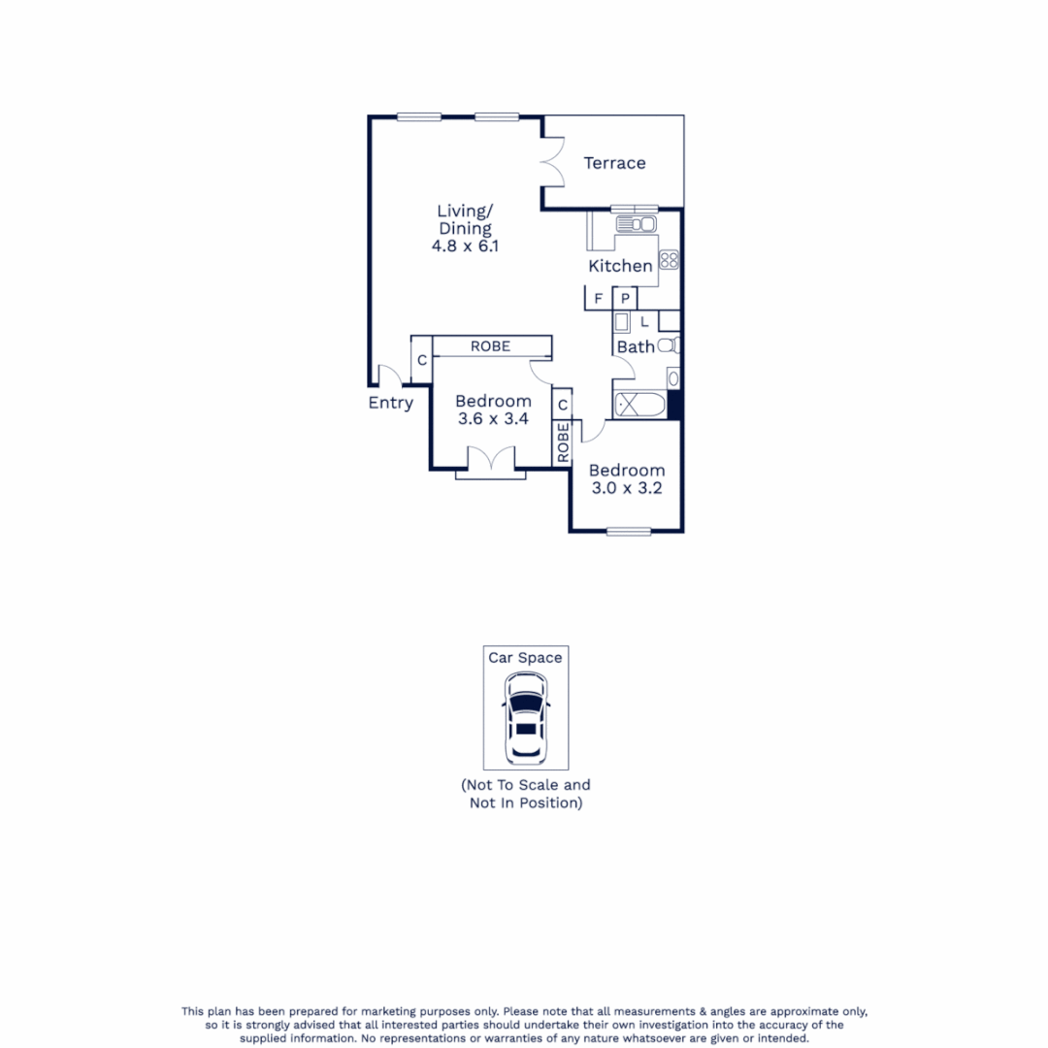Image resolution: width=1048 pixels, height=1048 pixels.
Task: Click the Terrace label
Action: pos(614,163)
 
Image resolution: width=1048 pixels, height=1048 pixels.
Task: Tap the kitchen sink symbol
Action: pos(637,225)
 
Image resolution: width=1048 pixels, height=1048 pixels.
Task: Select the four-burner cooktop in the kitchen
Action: pos(669,259)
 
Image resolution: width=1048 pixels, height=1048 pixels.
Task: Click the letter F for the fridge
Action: pos(598,299)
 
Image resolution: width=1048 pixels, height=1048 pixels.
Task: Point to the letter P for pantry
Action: pos(626,299)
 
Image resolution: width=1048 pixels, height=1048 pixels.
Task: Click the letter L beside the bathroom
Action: pos(644,321)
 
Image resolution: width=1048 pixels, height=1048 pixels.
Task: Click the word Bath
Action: pos(636,346)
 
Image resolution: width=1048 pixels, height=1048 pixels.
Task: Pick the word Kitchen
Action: pos(620,266)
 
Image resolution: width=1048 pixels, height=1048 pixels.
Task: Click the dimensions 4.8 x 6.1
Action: pos(465,246)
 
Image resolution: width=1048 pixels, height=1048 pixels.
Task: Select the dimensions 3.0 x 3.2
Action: pos(627,488)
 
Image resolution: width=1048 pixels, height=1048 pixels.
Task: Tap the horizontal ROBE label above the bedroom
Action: pos(490,346)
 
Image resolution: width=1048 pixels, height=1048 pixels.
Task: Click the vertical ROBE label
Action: pos(563,443)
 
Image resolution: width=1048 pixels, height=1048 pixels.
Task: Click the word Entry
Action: pos(390,403)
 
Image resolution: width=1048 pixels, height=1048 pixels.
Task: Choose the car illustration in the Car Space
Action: pos(525,718)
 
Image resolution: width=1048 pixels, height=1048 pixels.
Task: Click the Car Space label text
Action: pos(525,658)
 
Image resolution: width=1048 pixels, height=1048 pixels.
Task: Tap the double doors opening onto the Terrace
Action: pos(553,160)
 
